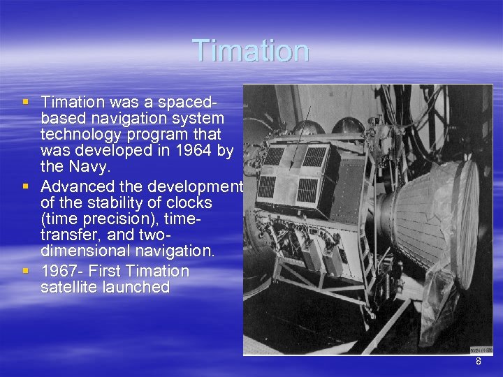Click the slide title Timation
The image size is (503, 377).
250,51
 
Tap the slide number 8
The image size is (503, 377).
479,362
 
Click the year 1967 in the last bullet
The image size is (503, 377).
58,271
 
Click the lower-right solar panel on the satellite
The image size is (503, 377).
307,189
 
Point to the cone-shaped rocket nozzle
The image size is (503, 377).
433,216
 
